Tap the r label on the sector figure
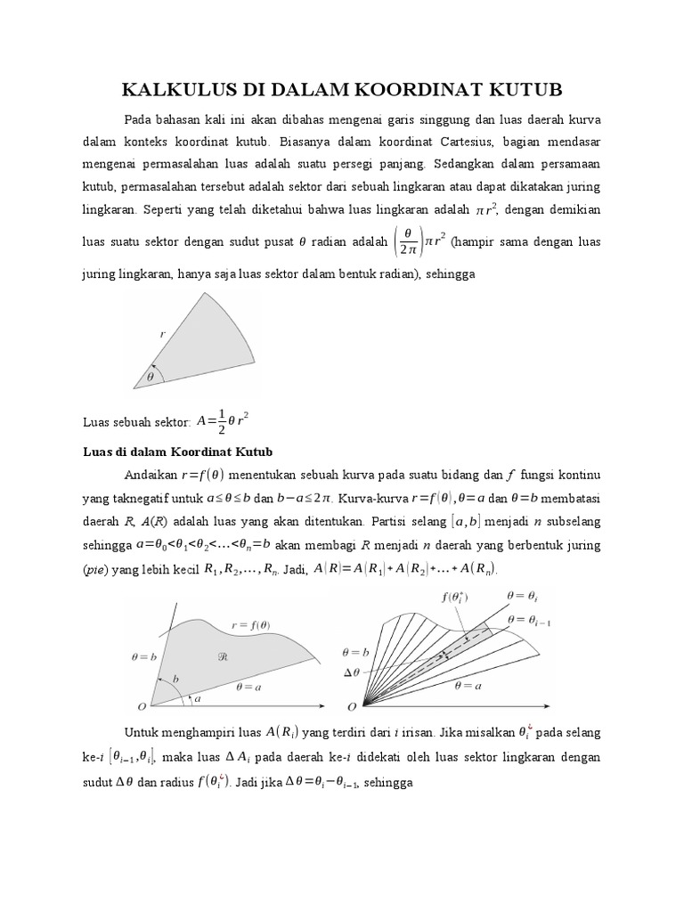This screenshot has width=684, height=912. point(163,334)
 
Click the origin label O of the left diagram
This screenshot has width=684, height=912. point(140,706)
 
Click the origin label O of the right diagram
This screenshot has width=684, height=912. point(352,706)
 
